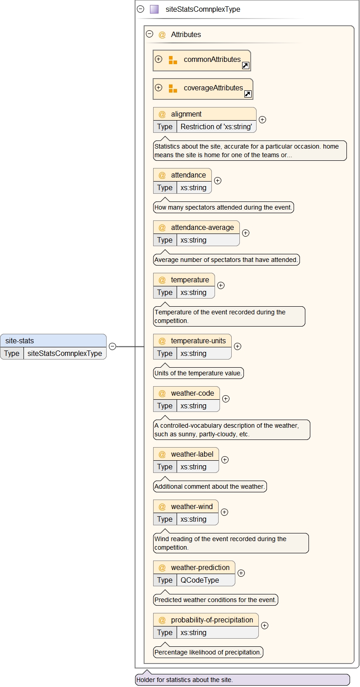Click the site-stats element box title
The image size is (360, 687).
[19, 341]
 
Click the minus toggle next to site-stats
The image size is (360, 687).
[112, 346]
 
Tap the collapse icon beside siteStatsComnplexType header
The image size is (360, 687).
[140, 9]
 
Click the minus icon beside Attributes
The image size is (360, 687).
[150, 34]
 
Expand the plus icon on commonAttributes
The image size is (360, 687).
[159, 59]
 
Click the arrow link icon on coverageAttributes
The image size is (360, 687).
[248, 94]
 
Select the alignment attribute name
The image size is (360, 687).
[186, 114]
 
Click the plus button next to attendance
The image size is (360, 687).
[218, 181]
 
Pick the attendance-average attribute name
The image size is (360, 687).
[202, 227]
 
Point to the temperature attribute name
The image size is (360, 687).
[190, 280]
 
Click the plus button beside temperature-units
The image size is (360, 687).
[238, 346]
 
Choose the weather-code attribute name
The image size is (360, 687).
[192, 393]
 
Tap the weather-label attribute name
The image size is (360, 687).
[192, 454]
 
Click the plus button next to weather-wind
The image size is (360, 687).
[224, 512]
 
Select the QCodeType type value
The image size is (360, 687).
[200, 580]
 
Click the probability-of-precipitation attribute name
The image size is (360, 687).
[211, 620]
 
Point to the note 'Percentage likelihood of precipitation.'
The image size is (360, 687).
[208, 652]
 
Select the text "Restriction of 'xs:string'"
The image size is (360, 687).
[216, 126]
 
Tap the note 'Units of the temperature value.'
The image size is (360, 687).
[198, 374]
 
